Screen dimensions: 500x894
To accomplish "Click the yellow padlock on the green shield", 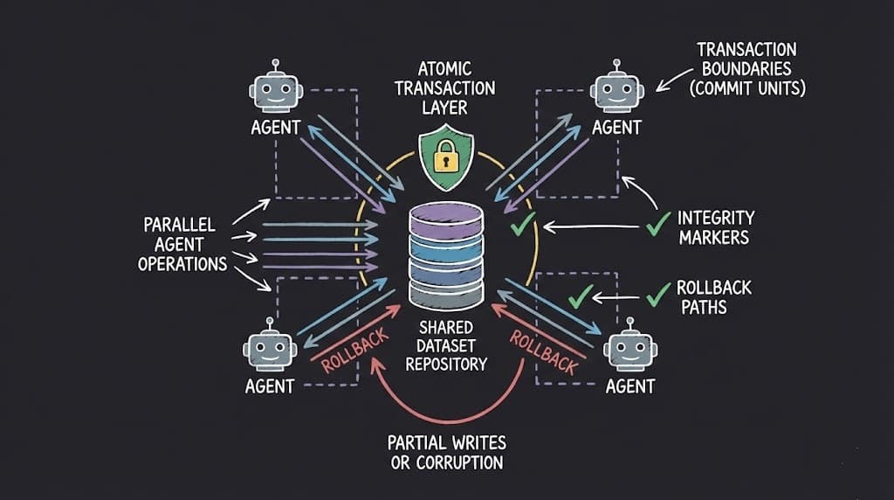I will click(x=446, y=158).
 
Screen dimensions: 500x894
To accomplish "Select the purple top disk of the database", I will click(x=445, y=219).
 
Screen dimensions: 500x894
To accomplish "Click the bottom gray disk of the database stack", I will click(x=445, y=289).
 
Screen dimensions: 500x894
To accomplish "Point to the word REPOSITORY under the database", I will click(x=445, y=364).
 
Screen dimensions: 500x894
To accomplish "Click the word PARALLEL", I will click(x=179, y=225).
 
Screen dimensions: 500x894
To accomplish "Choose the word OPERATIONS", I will click(x=182, y=263).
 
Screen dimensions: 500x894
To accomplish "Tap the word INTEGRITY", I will click(x=716, y=218).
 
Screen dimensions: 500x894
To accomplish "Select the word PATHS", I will click(x=701, y=308).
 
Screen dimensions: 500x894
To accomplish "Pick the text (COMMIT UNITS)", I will click(x=747, y=88).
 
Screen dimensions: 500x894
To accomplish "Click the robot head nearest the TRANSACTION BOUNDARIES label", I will click(x=617, y=88).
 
